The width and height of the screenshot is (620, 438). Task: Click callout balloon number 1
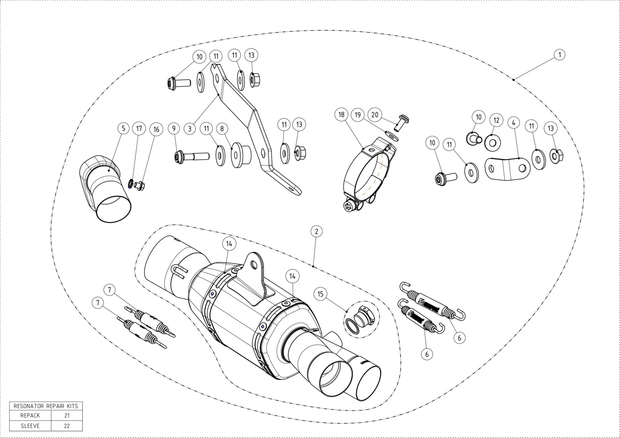pyautogui.click(x=559, y=55)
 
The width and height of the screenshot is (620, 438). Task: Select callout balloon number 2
pyautogui.click(x=317, y=231)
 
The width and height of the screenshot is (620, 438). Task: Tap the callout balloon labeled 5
pyautogui.click(x=124, y=129)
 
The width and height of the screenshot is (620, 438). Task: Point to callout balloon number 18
pyautogui.click(x=341, y=114)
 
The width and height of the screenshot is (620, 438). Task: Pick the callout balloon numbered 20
pyautogui.click(x=375, y=114)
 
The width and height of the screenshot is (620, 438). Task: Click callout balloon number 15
pyautogui.click(x=320, y=294)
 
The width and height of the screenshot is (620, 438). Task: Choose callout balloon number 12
pyautogui.click(x=496, y=120)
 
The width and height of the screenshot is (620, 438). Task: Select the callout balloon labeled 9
pyautogui.click(x=174, y=129)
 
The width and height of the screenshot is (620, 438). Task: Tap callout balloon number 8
pyautogui.click(x=222, y=129)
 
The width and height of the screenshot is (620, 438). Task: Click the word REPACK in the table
pyautogui.click(x=30, y=415)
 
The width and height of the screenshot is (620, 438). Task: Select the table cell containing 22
pyautogui.click(x=67, y=426)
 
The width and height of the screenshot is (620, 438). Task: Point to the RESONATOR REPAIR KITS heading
pyautogui.click(x=46, y=406)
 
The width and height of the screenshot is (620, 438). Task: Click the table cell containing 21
pyautogui.click(x=67, y=415)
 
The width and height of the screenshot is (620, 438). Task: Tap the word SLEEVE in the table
pyautogui.click(x=30, y=426)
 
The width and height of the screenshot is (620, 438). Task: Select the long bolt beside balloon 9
pyautogui.click(x=192, y=157)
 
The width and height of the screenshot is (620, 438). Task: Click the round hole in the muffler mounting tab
pyautogui.click(x=254, y=265)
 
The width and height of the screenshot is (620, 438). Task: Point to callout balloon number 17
pyautogui.click(x=139, y=129)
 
